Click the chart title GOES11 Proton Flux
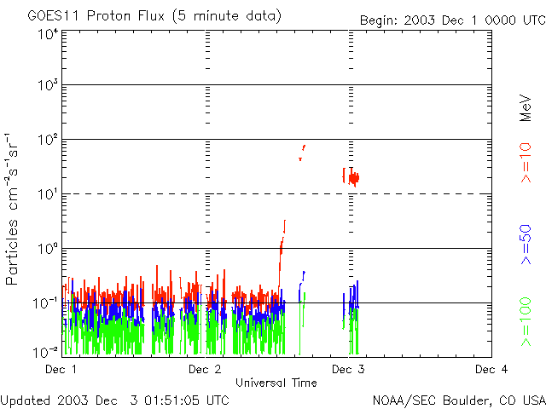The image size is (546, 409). [154, 16]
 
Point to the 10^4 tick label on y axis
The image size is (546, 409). [47, 35]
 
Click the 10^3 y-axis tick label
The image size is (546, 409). [47, 87]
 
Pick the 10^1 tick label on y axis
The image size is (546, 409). [47, 196]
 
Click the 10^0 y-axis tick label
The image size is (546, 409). [47, 251]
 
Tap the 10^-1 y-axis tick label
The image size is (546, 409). [45, 304]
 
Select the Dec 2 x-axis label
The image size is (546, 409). [205, 370]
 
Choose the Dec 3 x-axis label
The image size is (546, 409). [348, 370]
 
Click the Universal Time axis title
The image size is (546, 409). [276, 383]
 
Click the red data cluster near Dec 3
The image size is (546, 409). [352, 177]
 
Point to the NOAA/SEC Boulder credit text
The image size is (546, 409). [458, 400]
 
